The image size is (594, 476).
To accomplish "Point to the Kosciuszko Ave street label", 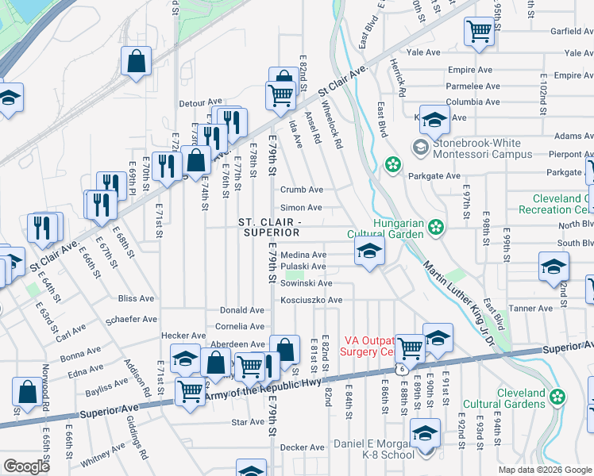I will [311, 301].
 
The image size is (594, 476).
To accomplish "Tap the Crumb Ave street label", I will [302, 190].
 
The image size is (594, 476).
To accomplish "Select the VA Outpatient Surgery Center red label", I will [367, 345].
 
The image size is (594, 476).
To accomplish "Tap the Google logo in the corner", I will [26, 466].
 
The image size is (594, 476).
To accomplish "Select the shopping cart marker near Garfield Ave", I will [480, 33].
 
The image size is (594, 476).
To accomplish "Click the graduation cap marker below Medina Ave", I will [368, 254].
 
